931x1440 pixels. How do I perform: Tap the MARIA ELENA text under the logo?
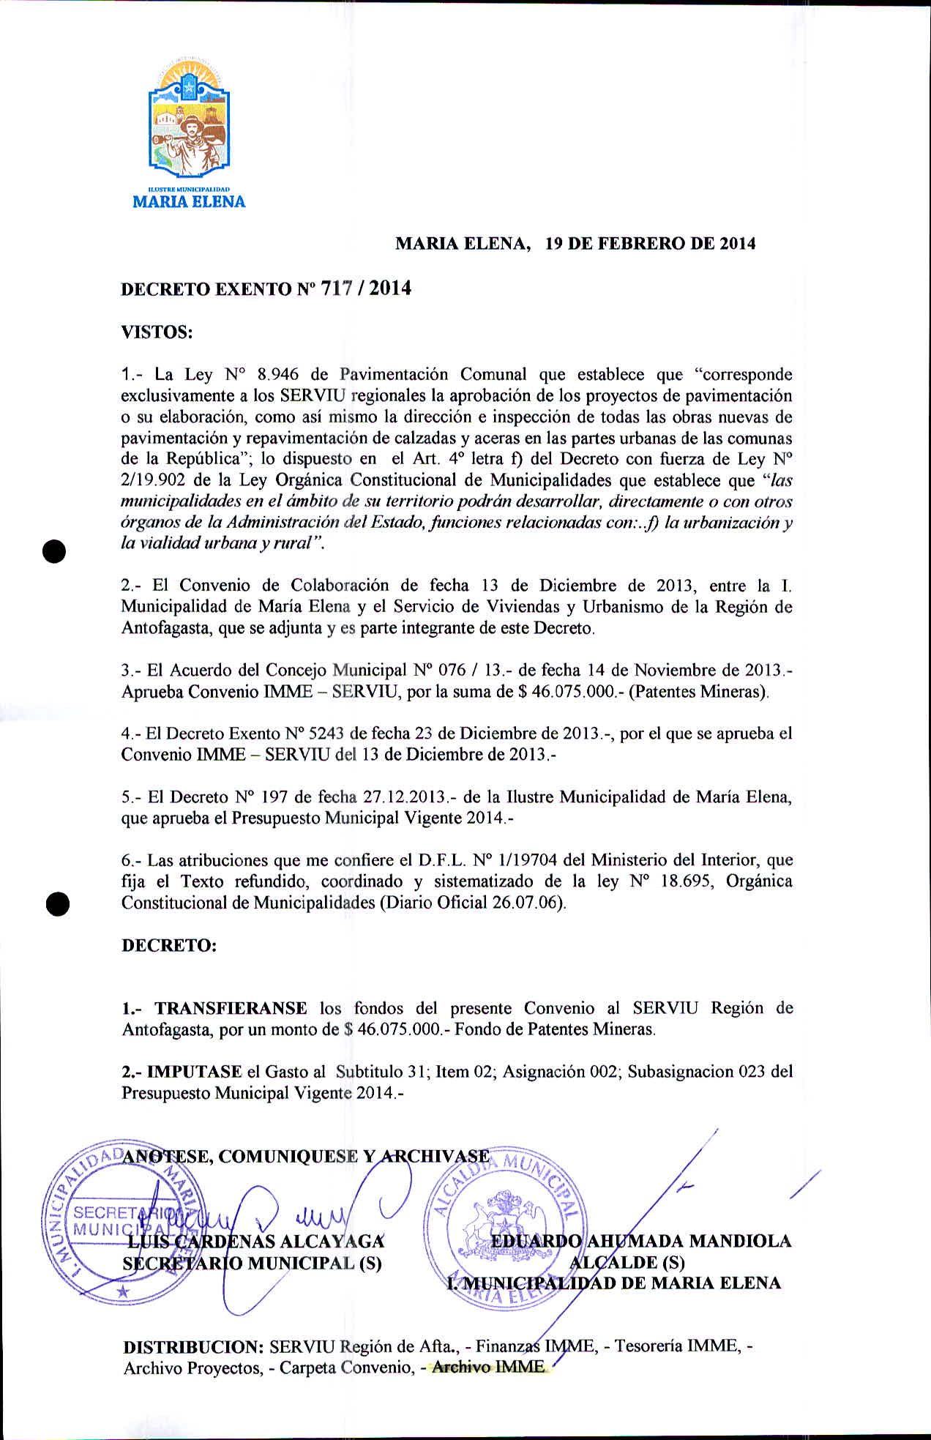click(x=189, y=202)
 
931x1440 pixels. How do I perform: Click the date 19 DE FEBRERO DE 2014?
click(x=650, y=244)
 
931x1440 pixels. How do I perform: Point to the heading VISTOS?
click(x=157, y=332)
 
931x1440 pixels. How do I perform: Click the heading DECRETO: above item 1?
click(x=169, y=945)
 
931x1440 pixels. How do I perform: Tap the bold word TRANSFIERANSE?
click(x=231, y=1009)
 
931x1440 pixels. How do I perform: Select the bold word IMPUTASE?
click(x=195, y=1072)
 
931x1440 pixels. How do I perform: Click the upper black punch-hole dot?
click(x=54, y=551)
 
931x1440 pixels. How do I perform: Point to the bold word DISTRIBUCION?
click(x=193, y=1347)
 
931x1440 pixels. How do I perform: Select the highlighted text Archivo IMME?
click(x=488, y=1367)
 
